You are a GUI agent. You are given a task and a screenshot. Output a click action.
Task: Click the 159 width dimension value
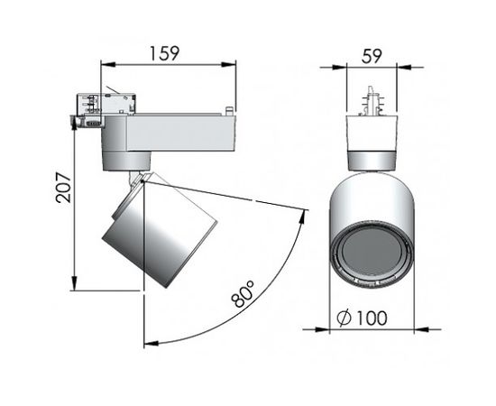(x=163, y=52)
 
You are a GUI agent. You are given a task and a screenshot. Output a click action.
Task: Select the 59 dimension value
(x=372, y=55)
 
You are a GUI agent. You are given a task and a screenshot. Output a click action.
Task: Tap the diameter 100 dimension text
(x=363, y=318)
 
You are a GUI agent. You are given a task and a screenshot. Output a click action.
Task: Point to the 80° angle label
(x=242, y=294)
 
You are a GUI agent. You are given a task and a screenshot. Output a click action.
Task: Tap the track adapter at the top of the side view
(x=101, y=106)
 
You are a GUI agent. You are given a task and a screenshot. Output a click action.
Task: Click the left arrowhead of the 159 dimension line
(x=104, y=64)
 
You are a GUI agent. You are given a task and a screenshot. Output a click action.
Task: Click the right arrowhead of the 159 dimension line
(x=233, y=64)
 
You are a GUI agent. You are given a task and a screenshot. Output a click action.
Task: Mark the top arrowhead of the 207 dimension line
(x=74, y=115)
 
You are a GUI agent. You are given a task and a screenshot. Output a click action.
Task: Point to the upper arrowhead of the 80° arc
(x=303, y=210)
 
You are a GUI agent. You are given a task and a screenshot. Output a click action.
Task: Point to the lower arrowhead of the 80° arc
(x=147, y=342)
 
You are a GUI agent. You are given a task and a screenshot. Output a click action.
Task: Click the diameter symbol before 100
(x=342, y=318)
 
